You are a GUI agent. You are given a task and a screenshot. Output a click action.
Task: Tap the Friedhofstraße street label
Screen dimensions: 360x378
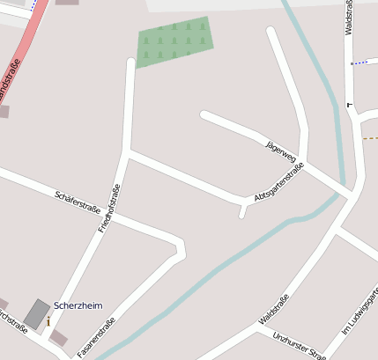(108, 212)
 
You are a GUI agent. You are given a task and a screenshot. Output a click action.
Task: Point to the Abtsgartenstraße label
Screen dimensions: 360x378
(278, 183)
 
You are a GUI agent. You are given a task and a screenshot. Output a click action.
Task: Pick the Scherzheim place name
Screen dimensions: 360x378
(78, 305)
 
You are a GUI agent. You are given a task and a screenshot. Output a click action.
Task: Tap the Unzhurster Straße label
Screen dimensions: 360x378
(300, 344)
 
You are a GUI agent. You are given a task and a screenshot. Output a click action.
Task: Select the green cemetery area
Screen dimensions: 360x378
(175, 41)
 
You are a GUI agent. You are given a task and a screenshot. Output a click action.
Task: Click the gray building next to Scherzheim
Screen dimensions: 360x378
(37, 312)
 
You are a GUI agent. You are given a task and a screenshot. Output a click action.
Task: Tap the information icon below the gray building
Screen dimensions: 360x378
(48, 322)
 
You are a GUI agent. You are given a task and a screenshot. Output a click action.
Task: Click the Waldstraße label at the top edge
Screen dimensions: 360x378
(350, 18)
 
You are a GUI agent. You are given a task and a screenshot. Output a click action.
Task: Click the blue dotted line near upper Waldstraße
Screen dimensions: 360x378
(359, 63)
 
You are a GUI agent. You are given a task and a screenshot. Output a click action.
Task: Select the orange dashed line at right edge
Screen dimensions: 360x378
(370, 138)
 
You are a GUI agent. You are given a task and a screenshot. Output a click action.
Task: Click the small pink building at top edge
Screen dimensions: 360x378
(67, 3)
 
